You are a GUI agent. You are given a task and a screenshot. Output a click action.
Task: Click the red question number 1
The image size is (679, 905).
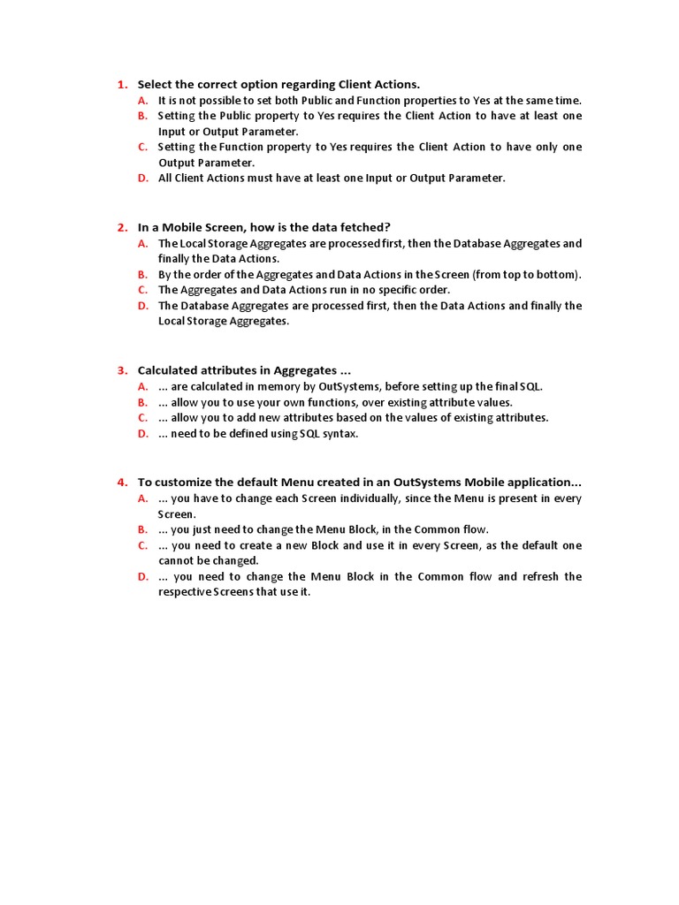122,85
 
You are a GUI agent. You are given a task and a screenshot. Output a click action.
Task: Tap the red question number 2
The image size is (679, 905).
122,227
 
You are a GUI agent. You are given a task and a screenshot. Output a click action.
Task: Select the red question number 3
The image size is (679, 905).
122,370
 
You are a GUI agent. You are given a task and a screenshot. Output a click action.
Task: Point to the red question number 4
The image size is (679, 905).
122,483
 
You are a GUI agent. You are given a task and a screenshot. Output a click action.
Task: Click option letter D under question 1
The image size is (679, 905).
142,178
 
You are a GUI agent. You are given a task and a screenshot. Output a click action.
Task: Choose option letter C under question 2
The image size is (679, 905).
142,290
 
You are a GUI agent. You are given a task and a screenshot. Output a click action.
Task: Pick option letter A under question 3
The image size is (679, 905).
142,387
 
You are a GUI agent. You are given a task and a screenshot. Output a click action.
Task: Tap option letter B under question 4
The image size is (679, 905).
142,529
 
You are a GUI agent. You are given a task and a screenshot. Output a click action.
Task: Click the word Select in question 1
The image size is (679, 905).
156,85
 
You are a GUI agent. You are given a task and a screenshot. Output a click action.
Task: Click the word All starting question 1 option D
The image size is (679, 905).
165,178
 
